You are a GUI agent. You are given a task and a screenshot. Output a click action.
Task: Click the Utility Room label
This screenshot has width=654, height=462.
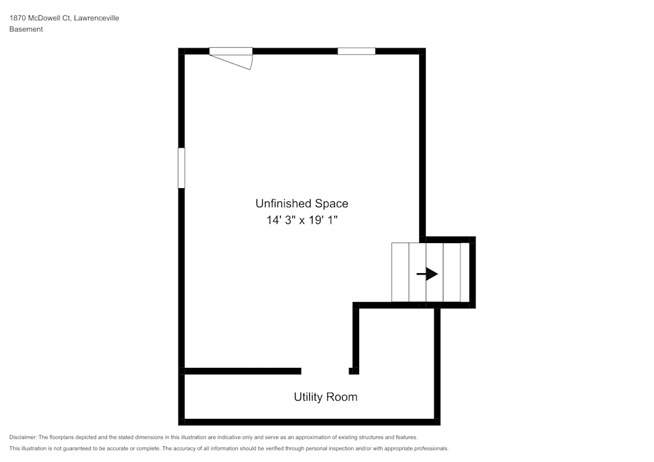click(325, 397)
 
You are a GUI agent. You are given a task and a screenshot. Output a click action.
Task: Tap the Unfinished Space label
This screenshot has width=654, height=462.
click(301, 203)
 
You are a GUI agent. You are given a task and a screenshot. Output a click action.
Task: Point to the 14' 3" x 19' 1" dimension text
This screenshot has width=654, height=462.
click(301, 220)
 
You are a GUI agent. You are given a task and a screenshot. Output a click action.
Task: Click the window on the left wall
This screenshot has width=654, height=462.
click(181, 168)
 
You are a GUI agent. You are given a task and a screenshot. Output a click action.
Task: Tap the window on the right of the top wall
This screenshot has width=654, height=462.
click(356, 51)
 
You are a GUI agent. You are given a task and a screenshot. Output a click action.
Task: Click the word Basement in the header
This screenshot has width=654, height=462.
click(26, 29)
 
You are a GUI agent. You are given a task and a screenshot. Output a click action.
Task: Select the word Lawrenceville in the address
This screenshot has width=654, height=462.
click(97, 18)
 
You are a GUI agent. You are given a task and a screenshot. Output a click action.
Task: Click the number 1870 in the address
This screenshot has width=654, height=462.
click(18, 18)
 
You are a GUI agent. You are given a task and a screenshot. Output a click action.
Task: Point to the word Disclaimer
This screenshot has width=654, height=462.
click(23, 437)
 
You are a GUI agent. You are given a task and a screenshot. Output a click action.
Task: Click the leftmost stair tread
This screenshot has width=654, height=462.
click(400, 272)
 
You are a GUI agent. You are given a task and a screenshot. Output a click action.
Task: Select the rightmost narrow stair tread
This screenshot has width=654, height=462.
click(465, 272)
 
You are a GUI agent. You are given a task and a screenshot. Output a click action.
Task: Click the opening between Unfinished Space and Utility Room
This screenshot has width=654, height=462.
click(325, 371)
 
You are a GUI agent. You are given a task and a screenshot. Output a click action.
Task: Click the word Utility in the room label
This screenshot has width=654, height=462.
click(307, 397)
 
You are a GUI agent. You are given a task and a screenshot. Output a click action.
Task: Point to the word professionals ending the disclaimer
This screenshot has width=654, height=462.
click(430, 448)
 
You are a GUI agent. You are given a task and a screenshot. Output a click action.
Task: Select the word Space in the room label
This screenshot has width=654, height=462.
click(332, 204)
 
